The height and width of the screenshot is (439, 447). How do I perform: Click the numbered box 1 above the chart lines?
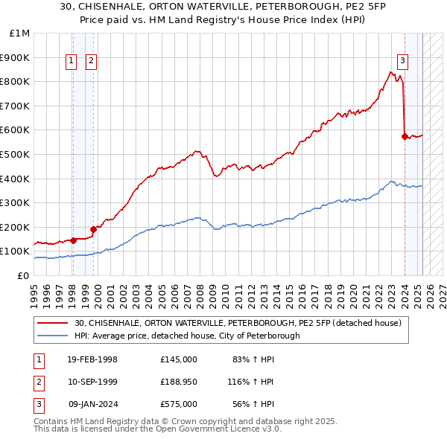coord(72,62)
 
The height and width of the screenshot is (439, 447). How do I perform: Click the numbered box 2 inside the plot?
coord(91,62)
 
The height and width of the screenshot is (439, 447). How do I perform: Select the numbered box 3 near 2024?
coord(402,62)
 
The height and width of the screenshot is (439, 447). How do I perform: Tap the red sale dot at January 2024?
coord(405,136)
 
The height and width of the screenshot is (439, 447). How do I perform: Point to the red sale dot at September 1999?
coord(93,229)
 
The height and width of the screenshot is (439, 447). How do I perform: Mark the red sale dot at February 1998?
coord(73,240)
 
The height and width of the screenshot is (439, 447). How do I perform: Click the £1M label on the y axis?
coord(20,33)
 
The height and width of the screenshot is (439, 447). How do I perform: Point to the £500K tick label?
coord(16,155)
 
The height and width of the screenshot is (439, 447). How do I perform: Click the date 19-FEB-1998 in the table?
coord(92,359)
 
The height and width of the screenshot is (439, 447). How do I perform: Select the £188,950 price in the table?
coord(178,382)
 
